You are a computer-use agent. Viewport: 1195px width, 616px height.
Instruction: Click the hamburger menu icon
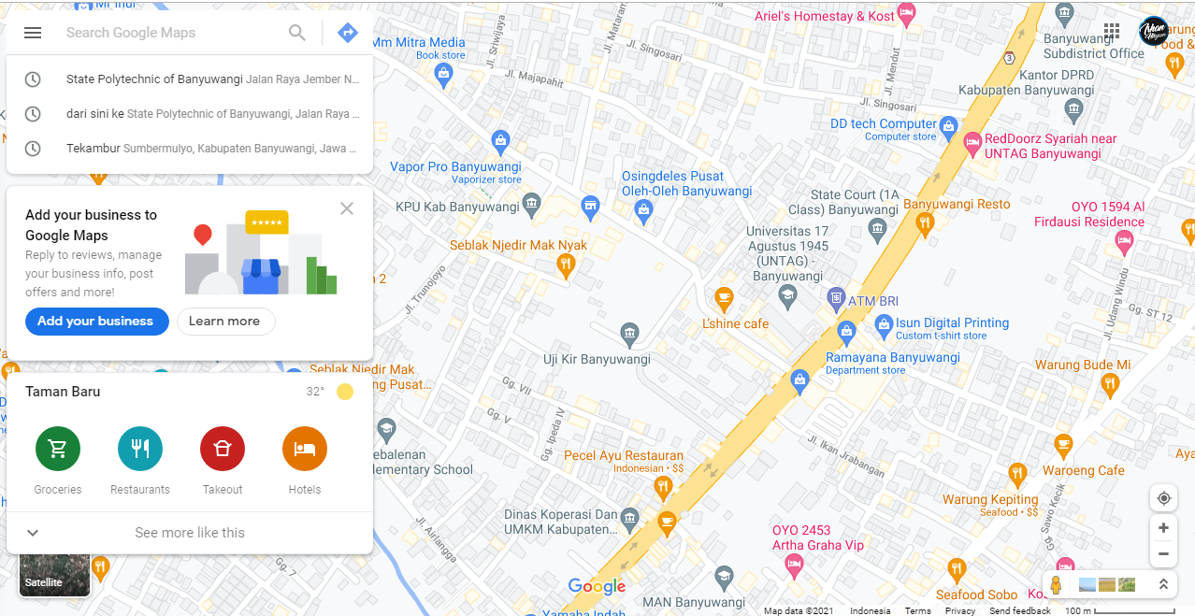coord(33,33)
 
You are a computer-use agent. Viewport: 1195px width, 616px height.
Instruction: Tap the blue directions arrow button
coord(348,33)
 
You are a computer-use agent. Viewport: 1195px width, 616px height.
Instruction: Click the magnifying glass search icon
coord(297,33)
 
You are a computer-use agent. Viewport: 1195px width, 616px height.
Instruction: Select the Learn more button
coord(224,321)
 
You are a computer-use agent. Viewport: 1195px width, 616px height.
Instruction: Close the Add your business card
coord(347,208)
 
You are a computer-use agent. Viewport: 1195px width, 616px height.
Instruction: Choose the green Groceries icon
coord(58,449)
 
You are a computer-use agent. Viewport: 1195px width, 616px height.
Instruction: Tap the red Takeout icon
coord(223,449)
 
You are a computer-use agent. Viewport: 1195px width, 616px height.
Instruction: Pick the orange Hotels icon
coord(305,449)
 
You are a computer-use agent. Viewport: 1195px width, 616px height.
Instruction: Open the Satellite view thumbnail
coord(55,574)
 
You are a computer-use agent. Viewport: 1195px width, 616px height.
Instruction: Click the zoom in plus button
coord(1163,528)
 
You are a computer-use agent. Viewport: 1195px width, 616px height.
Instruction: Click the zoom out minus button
coord(1163,553)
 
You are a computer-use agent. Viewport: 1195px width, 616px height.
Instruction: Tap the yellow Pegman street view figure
coord(1056,585)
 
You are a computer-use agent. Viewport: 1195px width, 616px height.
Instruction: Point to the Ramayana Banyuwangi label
coord(892,358)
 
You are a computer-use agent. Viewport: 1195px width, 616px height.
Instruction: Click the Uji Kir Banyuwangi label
coord(597,359)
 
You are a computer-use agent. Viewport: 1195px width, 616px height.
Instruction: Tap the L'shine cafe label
coord(735,323)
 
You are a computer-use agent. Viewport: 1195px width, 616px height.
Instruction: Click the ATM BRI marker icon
coord(836,300)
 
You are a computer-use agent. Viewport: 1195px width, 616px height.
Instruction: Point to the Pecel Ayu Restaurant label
coord(623,456)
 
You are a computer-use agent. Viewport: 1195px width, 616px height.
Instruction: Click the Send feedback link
coord(1019,610)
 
